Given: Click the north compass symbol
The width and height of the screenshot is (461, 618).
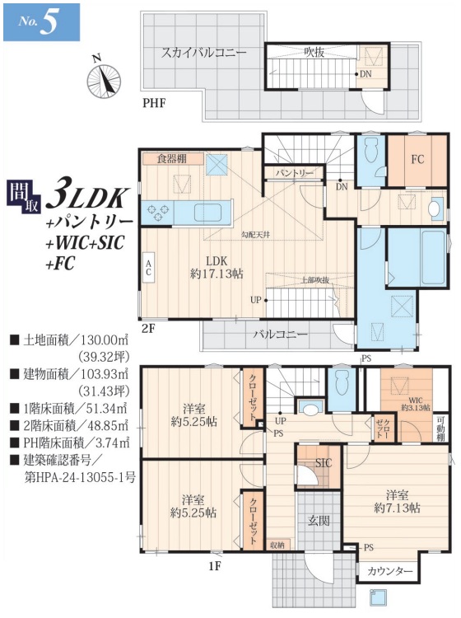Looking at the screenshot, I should point(101,78).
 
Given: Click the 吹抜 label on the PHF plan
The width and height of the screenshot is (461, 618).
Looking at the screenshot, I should point(314,52).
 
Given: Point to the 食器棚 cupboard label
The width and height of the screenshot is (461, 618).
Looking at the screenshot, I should point(173,158).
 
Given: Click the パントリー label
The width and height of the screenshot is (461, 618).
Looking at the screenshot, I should point(294,173).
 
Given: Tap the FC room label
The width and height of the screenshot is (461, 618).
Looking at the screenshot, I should point(416,157).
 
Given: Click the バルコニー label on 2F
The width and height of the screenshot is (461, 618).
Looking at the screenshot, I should point(280,335).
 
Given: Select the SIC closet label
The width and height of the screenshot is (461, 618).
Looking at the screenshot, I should point(324,463).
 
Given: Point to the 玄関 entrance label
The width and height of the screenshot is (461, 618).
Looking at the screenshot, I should point(319,520).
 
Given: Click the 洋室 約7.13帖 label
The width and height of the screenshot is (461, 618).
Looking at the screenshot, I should point(397,502).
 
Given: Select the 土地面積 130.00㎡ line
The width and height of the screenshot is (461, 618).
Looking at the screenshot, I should point(70,339).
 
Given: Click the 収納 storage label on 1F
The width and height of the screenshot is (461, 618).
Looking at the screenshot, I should point(277,545).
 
